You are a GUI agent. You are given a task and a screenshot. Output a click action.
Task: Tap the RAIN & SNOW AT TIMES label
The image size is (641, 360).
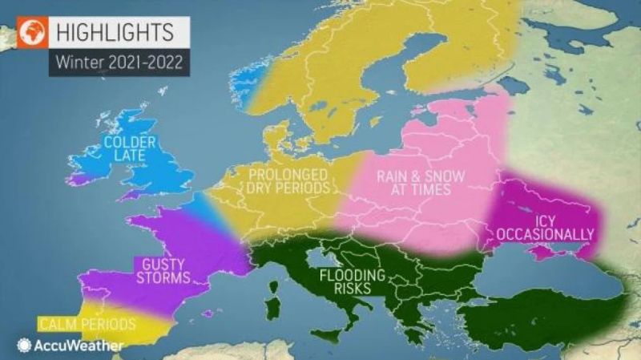tap(413, 183)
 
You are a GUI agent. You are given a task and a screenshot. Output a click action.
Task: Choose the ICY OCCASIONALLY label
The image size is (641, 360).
tap(545, 227)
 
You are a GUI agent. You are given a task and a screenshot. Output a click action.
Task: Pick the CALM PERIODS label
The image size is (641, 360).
tap(80, 325)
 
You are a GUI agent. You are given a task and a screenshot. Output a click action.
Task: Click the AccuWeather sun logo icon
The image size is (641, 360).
tap(24, 346)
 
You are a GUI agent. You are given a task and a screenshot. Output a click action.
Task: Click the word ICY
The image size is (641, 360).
tap(545, 219)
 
